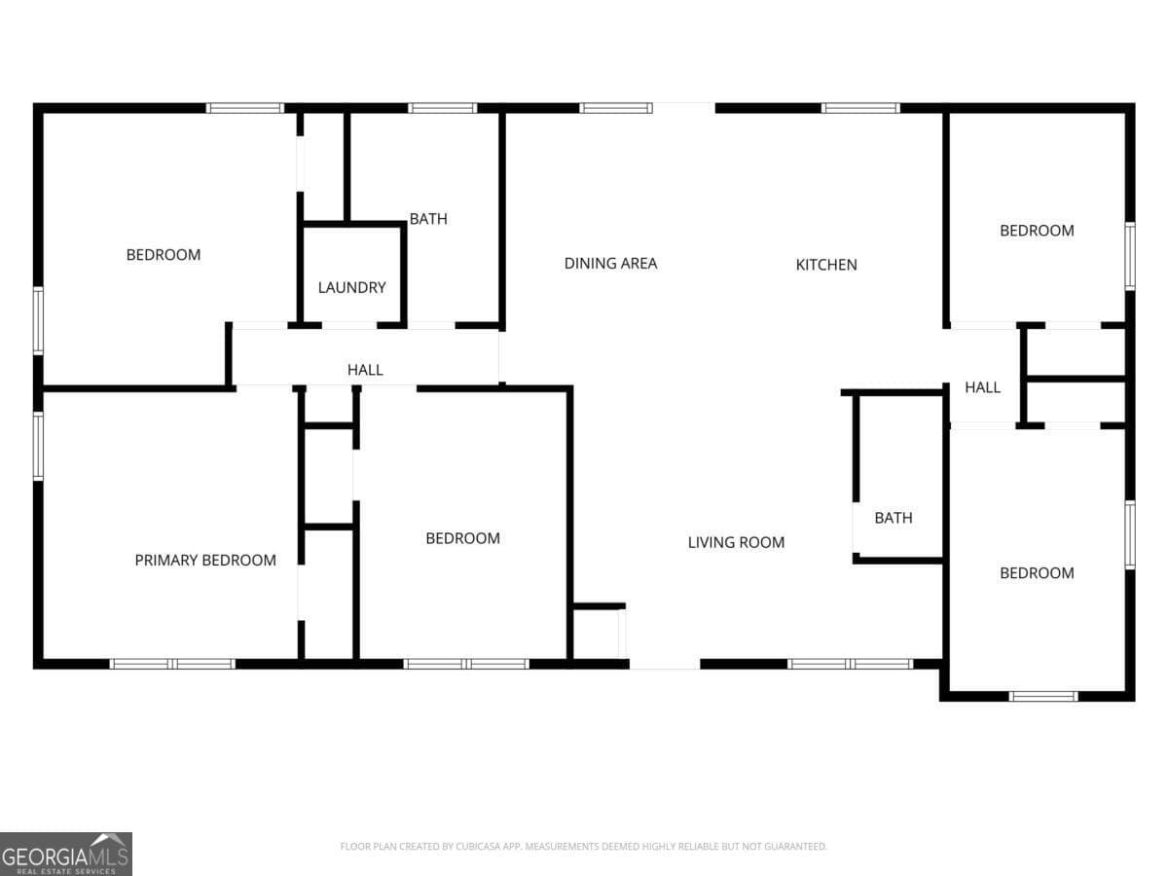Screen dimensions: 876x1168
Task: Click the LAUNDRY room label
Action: coord(351,287)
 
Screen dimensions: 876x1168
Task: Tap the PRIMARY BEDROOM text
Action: coord(204,560)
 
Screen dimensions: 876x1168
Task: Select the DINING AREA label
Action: coord(610,263)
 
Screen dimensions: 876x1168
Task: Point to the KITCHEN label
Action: coord(826,264)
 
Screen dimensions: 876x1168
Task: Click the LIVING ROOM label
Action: coord(736,542)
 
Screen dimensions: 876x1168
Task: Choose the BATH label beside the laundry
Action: coord(428,219)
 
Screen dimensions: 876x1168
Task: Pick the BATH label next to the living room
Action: coord(893,518)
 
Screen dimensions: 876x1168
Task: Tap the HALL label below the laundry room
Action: coord(365,370)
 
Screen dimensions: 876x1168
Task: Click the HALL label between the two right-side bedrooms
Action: coord(982,387)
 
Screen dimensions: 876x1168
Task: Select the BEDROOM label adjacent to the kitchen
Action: coord(1037,231)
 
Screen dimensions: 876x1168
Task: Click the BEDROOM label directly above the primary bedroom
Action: coord(164,255)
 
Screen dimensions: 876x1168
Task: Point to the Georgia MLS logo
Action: coord(65,854)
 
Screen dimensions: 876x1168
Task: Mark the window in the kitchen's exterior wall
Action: coord(860,108)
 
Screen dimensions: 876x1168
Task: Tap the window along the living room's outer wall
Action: coord(850,664)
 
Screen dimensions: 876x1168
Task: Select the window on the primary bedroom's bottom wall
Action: coord(172,664)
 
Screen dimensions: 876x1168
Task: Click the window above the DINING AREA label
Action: coord(616,108)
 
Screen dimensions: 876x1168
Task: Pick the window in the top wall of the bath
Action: coord(442,108)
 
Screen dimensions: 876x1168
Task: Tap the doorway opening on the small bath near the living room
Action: coord(855,529)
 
